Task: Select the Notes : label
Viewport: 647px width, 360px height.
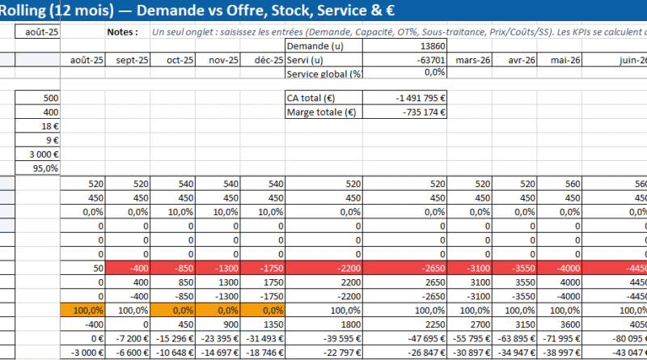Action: click(x=123, y=32)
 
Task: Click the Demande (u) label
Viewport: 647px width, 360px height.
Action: click(x=313, y=46)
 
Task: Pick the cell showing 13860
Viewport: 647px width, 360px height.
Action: click(x=432, y=46)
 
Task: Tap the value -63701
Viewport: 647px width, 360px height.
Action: click(x=429, y=60)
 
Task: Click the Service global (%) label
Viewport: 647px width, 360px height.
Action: click(x=323, y=74)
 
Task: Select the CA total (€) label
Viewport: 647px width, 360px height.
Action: click(x=311, y=98)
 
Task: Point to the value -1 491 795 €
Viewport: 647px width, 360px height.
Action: click(x=419, y=98)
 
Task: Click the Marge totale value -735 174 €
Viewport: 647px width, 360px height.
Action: click(x=424, y=112)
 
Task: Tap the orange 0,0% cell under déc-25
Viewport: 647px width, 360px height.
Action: click(x=266, y=310)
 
